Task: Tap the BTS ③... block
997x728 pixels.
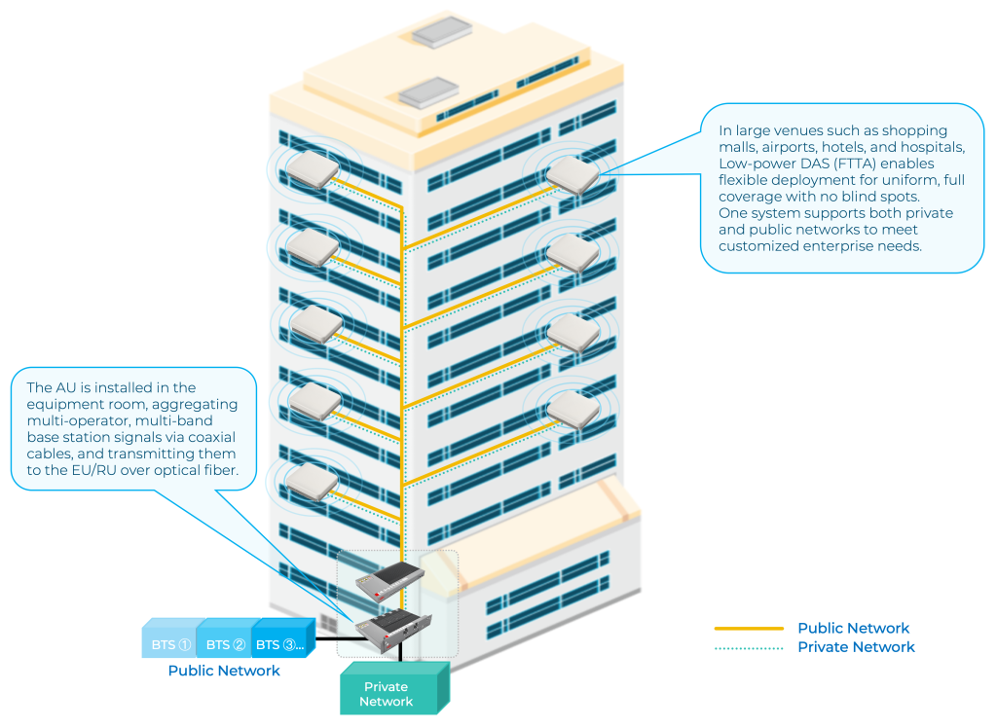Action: pos(279,643)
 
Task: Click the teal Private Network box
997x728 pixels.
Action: pos(387,693)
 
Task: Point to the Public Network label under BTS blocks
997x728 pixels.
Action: pos(224,671)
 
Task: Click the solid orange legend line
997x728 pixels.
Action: pos(749,629)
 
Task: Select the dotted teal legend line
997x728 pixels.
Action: pos(749,647)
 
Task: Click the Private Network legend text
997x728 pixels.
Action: pos(856,647)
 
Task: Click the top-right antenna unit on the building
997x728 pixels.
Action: pos(572,175)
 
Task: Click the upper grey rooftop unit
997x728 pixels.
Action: pos(441,33)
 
